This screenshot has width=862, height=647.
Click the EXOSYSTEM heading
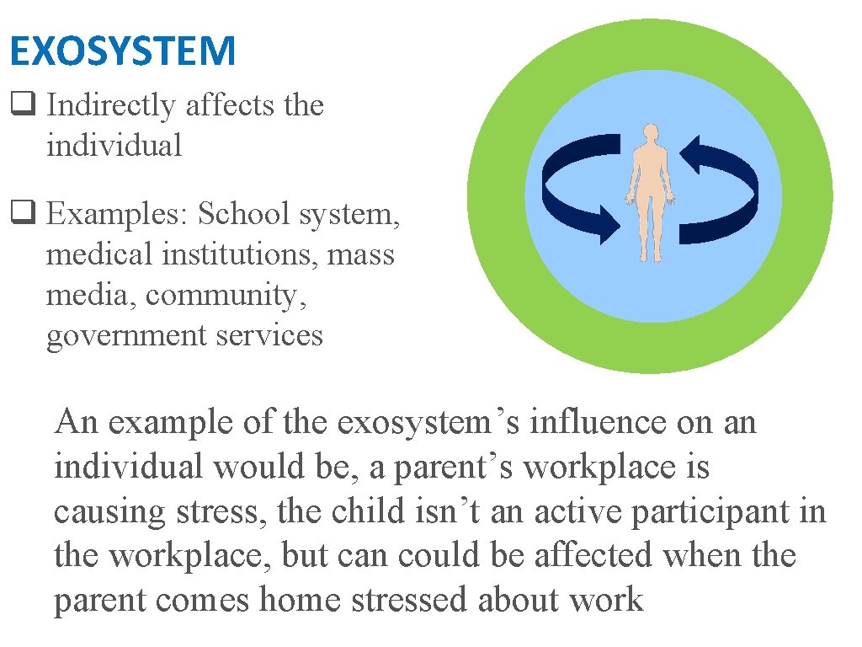coord(123,51)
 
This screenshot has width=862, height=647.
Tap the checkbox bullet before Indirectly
coord(19,106)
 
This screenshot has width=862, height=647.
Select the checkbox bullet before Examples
coord(19,214)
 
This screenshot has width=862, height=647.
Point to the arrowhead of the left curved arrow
coord(609,226)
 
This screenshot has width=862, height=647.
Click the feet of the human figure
coord(650,256)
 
